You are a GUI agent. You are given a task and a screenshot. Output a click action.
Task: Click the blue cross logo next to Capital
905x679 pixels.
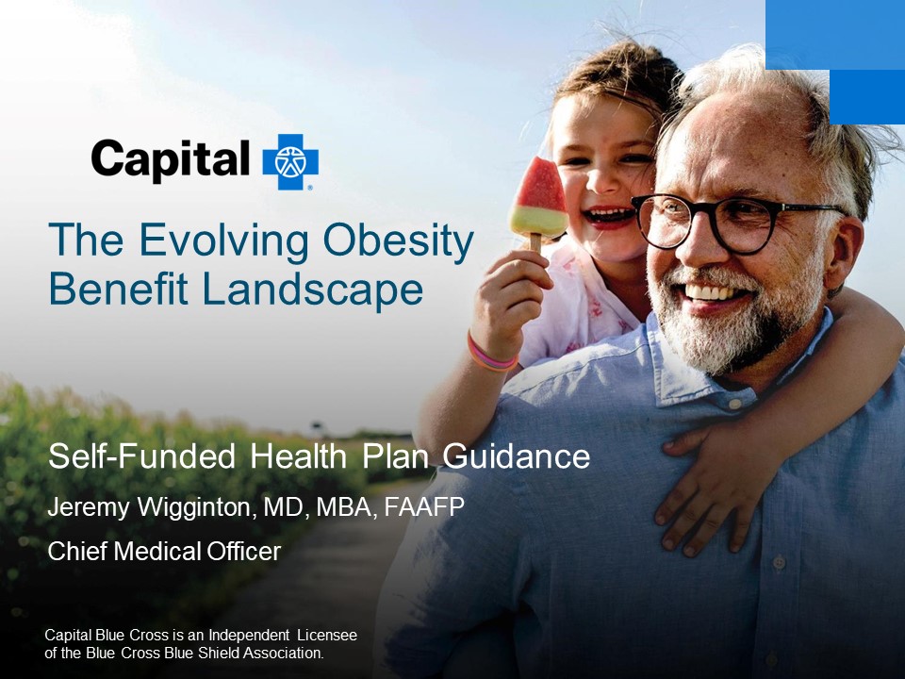pos(290,162)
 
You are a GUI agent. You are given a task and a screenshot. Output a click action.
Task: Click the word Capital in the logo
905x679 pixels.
pos(171,160)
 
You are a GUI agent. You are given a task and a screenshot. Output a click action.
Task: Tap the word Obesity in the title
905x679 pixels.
pos(398,241)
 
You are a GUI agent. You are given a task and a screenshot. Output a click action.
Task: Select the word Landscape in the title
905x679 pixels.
pos(312,290)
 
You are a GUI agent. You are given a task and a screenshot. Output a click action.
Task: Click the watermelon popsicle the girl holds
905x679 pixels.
pos(537,202)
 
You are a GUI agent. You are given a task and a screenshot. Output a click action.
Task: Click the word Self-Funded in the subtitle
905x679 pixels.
pos(141,456)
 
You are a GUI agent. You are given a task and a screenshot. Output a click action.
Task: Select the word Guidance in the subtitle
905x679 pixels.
pos(517,456)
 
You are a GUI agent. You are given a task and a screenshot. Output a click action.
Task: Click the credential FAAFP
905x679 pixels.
pos(424,507)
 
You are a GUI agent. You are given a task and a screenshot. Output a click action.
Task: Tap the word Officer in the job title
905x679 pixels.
pos(243,552)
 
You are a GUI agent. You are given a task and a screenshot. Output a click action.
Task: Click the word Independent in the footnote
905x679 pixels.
pos(249,635)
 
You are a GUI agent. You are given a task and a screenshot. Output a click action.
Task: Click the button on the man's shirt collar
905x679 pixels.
pos(734,405)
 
